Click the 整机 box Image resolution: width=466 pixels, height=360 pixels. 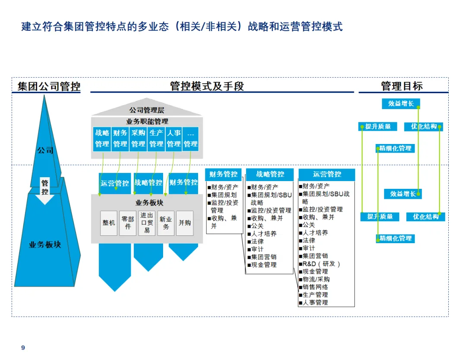tap(109, 223)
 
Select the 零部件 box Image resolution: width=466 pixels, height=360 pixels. tap(128, 223)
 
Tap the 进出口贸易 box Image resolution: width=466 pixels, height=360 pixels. tap(147, 223)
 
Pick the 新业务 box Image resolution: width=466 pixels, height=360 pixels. tap(166, 223)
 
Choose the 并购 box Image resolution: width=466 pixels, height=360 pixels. tap(185, 223)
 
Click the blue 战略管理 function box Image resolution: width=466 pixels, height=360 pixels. tap(102, 138)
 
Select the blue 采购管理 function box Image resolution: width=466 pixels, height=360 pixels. tap(138, 138)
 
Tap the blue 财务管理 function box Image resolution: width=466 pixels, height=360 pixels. tap(120, 138)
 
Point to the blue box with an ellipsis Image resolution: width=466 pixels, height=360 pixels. tap(191, 138)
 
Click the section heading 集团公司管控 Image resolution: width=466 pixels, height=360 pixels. tap(49, 87)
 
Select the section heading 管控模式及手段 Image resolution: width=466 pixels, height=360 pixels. tap(207, 87)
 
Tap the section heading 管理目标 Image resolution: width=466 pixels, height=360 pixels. tap(402, 86)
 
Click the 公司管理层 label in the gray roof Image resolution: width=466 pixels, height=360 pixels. tap(147, 111)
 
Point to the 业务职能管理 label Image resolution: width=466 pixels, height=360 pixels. tap(147, 122)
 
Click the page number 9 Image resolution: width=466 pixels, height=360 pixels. tap(23, 348)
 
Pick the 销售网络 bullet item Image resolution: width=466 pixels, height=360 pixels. tap(315, 287)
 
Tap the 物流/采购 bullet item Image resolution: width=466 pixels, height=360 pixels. tap(316, 279)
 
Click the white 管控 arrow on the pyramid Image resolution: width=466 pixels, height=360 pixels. tap(45, 189)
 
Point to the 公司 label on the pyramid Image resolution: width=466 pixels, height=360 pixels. tap(45, 150)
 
